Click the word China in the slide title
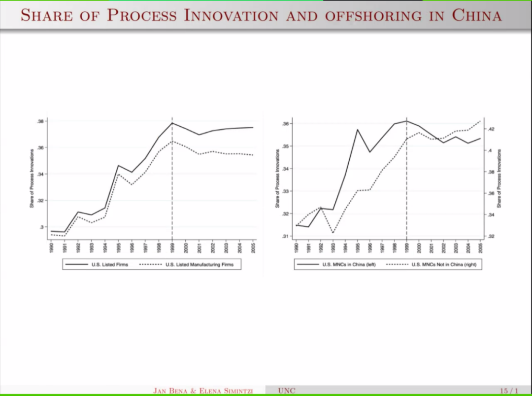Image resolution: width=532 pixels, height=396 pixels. point(476,15)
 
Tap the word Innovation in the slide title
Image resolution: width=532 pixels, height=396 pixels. point(231,15)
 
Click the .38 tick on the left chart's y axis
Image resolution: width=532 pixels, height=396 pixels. point(40,121)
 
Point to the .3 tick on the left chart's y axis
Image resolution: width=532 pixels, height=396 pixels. point(42,227)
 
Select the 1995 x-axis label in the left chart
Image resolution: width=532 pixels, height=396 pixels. point(118,246)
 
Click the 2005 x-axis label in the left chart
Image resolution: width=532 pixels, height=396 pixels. point(253,246)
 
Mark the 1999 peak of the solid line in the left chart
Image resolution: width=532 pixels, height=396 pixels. point(172,123)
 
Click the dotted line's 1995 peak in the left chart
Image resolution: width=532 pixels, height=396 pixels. point(118,174)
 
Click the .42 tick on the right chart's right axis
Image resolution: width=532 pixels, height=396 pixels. point(491,129)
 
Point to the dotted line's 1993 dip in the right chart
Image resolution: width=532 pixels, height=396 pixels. point(333,233)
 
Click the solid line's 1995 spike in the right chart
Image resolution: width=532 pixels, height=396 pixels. point(358,130)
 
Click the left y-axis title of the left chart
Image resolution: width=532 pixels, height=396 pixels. point(32,178)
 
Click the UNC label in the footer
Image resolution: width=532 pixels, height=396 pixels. point(286,391)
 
